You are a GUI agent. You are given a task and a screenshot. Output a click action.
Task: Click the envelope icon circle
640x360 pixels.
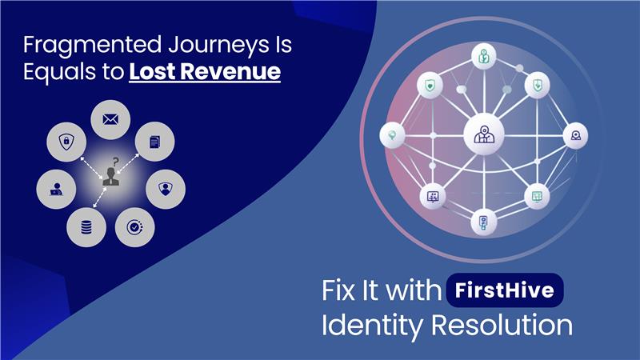tap(110, 119)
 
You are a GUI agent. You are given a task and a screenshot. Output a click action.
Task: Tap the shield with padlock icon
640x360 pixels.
tap(66, 142)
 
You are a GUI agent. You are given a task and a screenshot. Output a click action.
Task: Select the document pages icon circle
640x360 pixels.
tap(154, 142)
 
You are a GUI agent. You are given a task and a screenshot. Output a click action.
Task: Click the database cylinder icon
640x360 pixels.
tap(86, 227)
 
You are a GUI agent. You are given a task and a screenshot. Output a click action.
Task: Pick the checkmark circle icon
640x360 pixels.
tap(134, 227)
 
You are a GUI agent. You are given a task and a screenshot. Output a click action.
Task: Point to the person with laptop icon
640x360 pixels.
tap(56, 190)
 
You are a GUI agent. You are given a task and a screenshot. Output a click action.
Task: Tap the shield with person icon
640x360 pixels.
tap(166, 189)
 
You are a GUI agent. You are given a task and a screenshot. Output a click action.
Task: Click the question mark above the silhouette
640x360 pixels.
tap(116, 162)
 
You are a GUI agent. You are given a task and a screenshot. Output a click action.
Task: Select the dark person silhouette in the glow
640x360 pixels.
tap(110, 177)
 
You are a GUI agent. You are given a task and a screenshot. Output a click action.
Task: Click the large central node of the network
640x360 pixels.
tap(484, 134)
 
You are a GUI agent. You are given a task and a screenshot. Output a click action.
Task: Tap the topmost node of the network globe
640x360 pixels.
tap(484, 56)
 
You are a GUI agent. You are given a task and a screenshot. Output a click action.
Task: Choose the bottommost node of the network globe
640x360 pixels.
tap(484, 222)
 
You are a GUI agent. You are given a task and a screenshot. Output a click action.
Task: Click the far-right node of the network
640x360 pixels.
tap(575, 135)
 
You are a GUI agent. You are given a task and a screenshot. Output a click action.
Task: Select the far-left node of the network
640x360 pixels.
tap(392, 135)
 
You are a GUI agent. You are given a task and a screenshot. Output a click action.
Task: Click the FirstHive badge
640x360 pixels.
tap(505, 290)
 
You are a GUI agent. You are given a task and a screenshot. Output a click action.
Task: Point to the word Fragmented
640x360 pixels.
tap(92, 46)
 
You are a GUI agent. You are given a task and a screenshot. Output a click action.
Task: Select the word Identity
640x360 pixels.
tap(373, 326)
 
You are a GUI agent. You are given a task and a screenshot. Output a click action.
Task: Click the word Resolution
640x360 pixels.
tap(502, 325)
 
